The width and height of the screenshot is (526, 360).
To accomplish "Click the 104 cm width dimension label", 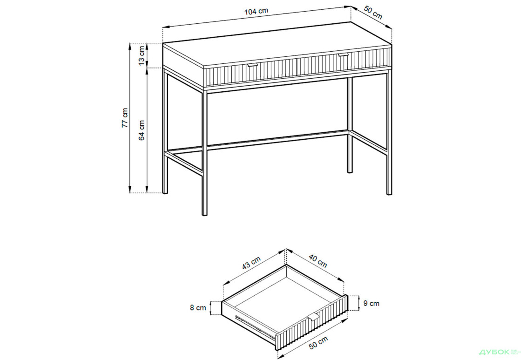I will tap(256, 11).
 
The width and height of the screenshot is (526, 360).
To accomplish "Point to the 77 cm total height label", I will tap(124, 118).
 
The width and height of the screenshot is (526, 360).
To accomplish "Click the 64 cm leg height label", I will tap(142, 130).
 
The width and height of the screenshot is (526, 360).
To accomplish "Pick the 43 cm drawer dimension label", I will tap(251, 263).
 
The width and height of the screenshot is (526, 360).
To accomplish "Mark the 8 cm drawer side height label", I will tap(198, 308).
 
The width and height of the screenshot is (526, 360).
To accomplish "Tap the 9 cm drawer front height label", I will tap(371, 303).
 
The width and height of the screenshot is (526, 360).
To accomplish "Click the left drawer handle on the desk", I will tap(253, 65).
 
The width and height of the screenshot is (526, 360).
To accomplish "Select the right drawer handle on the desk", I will tap(343, 55).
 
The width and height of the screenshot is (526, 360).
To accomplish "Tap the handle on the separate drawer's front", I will tap(313, 317).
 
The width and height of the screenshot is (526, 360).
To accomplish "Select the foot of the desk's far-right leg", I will tap(389, 192).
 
